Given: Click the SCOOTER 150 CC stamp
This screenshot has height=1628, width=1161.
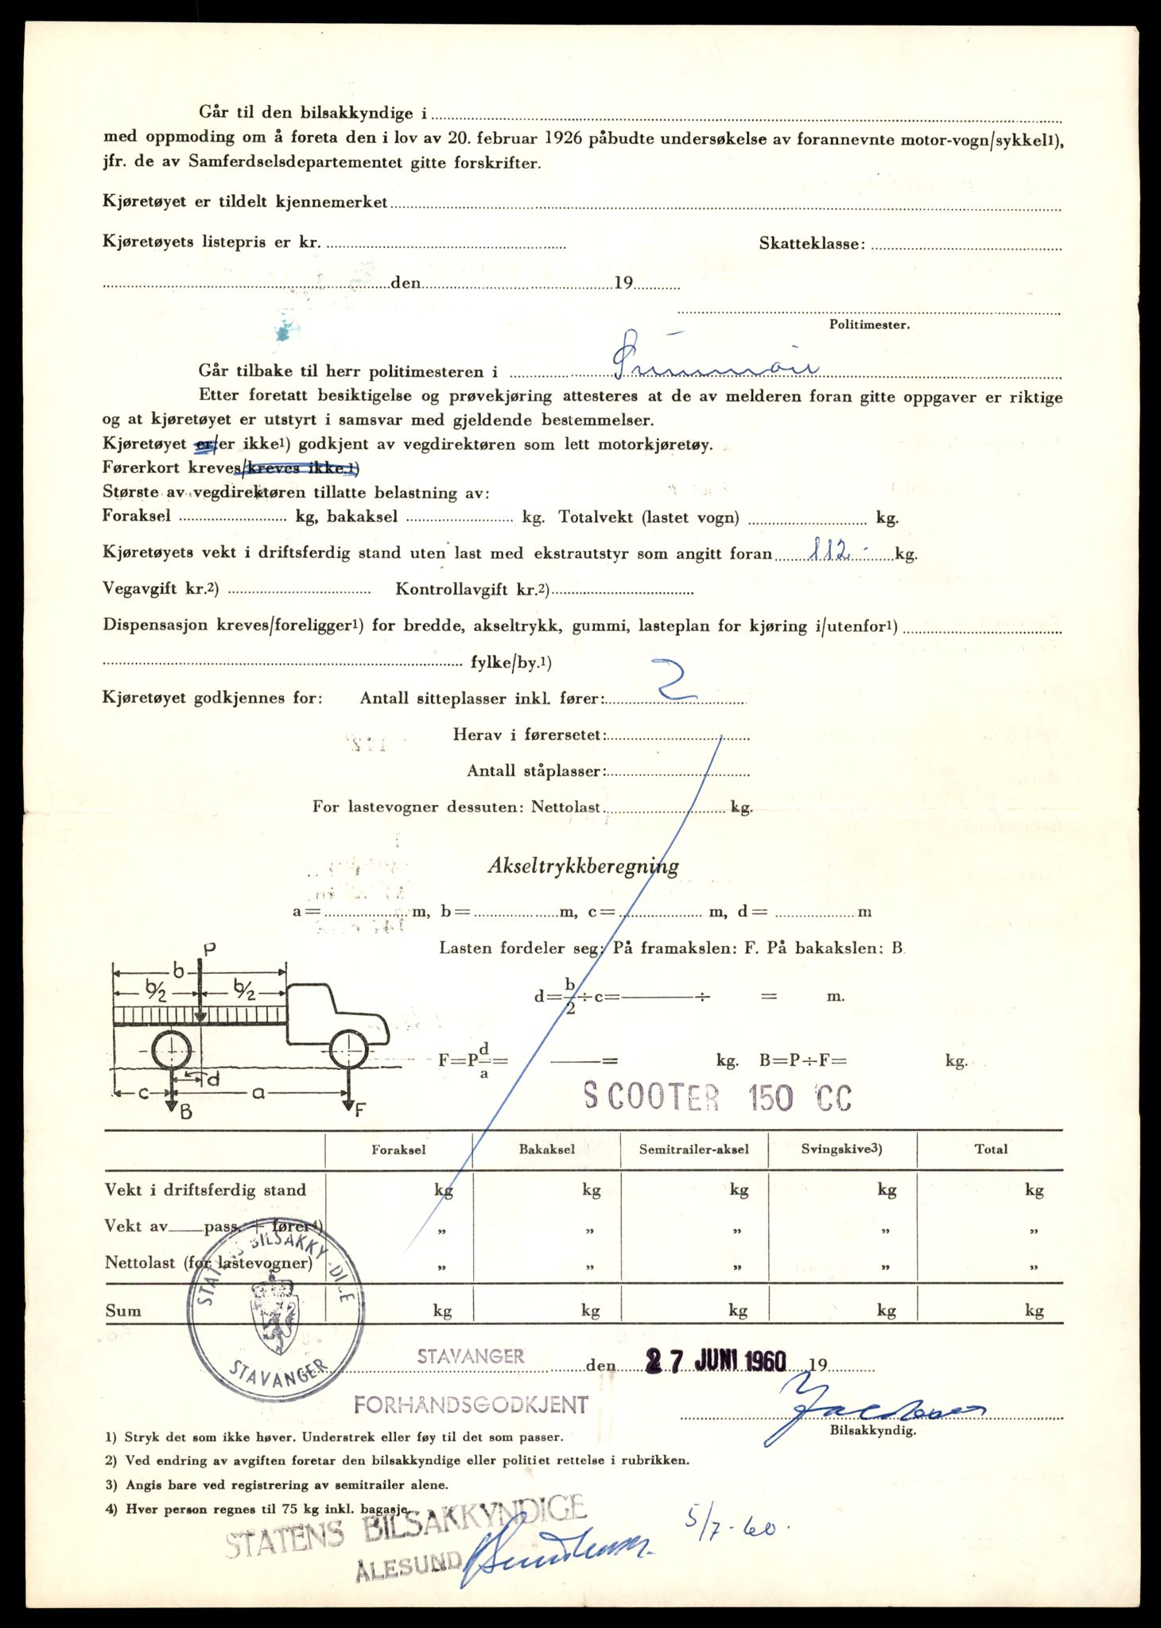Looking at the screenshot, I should point(717,1098).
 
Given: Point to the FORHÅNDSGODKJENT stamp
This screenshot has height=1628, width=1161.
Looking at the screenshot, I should point(471,1405).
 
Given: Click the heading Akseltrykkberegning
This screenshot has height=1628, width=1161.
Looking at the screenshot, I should point(583,866).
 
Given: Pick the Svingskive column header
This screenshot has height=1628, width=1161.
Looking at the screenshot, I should point(841,1149).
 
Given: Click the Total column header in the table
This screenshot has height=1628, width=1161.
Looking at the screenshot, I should point(991,1149).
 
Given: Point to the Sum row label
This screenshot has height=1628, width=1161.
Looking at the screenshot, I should point(123,1311).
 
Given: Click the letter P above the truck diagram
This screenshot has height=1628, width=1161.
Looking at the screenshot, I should point(209,948).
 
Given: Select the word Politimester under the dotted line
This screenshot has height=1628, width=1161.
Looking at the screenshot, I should point(869,324).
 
